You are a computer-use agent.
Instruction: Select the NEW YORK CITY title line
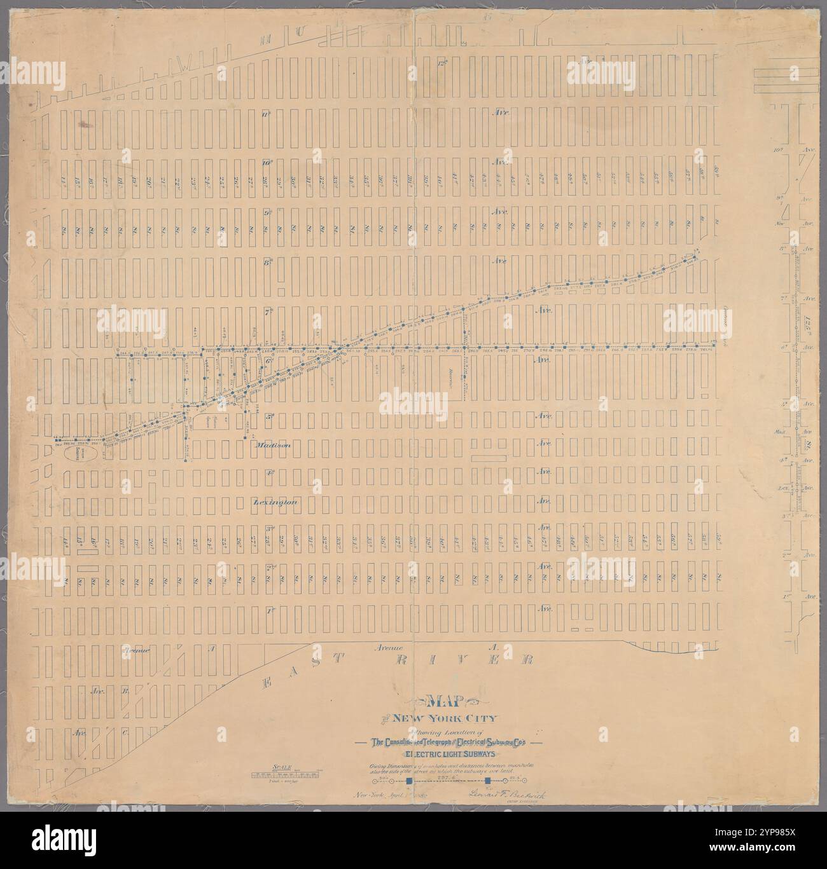point(445,720)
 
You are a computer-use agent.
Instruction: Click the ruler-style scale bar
point(281,775)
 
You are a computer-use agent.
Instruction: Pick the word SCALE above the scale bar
point(281,767)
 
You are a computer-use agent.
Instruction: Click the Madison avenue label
point(274,446)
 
